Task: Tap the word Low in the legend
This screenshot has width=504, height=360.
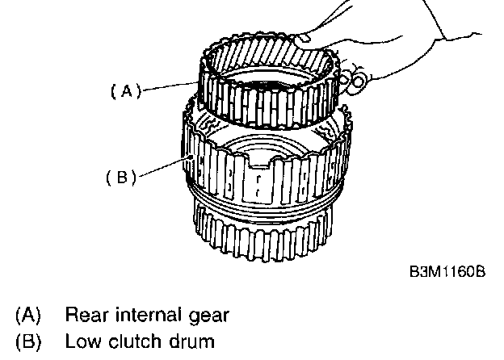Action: point(83,341)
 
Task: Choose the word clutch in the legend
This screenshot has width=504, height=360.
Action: point(132,341)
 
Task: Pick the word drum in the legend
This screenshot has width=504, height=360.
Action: point(191,341)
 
